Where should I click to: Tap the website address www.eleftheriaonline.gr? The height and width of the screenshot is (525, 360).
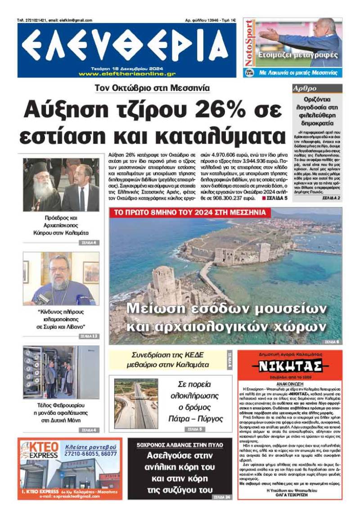point(127,74)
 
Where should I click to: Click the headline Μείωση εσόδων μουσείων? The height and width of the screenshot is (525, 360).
point(225,309)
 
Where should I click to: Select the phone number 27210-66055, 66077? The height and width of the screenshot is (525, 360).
point(91,454)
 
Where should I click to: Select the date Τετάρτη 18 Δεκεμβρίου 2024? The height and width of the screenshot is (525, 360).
point(126,68)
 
